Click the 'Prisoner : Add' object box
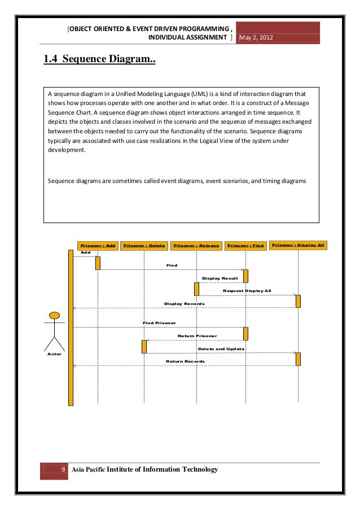pyautogui.click(x=98, y=246)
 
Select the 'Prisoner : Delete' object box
pyautogui.click(x=144, y=246)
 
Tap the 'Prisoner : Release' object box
pyautogui.click(x=196, y=246)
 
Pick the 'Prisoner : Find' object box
pyautogui.click(x=245, y=246)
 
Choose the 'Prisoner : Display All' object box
pyautogui.click(x=297, y=245)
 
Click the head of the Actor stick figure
pyautogui.click(x=55, y=316)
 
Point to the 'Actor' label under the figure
pyautogui.click(x=54, y=354)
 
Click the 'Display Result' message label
pyautogui.click(x=219, y=278)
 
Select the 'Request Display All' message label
pyautogui.click(x=247, y=290)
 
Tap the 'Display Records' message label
pyautogui.click(x=184, y=303)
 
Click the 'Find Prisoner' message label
pyautogui.click(x=159, y=322)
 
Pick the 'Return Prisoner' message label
pyautogui.click(x=197, y=335)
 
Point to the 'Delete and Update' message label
pyautogui.click(x=221, y=348)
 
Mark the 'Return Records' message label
pyautogui.click(x=185, y=361)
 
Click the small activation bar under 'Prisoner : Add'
pyautogui.click(x=98, y=263)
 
